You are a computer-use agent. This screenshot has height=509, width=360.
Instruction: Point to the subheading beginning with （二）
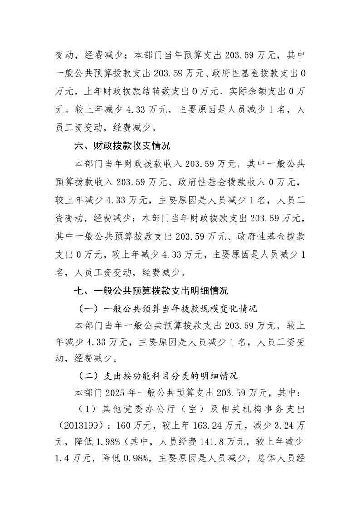coord(158,376)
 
